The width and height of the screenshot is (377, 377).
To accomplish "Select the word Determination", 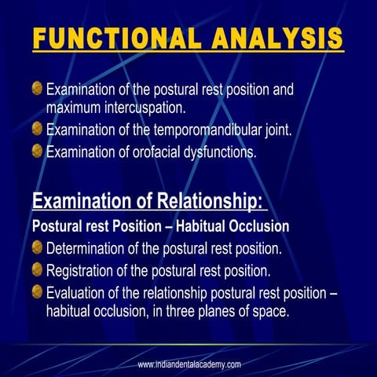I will [x=87, y=249].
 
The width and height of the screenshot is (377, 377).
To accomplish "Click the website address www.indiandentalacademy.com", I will [x=188, y=364].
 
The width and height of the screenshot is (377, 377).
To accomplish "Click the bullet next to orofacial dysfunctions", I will [x=37, y=152].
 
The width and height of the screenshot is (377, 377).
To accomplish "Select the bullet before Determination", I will [x=37, y=249].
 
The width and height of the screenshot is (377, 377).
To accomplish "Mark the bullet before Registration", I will [x=37, y=272].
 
